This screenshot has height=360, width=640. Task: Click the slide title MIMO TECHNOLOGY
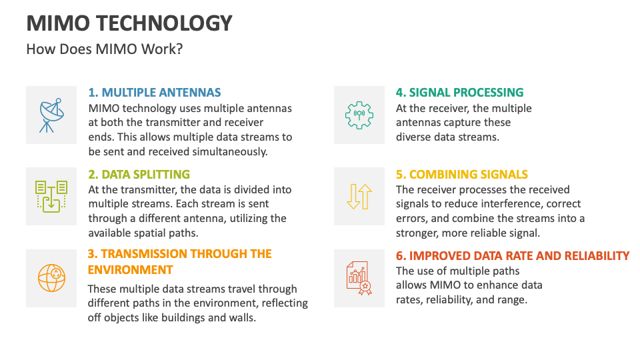click(x=129, y=23)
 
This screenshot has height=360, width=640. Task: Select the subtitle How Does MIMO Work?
click(x=104, y=50)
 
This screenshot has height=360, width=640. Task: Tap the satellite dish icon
click(x=51, y=115)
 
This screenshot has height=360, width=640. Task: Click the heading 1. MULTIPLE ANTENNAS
click(x=154, y=93)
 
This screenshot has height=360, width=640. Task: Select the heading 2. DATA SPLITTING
click(x=139, y=175)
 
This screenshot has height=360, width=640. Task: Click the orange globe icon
click(x=51, y=278)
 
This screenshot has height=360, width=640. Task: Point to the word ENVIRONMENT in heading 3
click(x=130, y=270)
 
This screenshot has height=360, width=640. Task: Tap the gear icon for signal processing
click(x=359, y=115)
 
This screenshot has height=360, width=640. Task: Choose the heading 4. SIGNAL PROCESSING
click(x=459, y=93)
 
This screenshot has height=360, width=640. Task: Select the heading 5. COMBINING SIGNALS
click(x=461, y=175)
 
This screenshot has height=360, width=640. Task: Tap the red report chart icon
click(x=359, y=278)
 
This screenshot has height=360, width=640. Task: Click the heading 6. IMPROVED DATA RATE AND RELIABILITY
click(x=512, y=256)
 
